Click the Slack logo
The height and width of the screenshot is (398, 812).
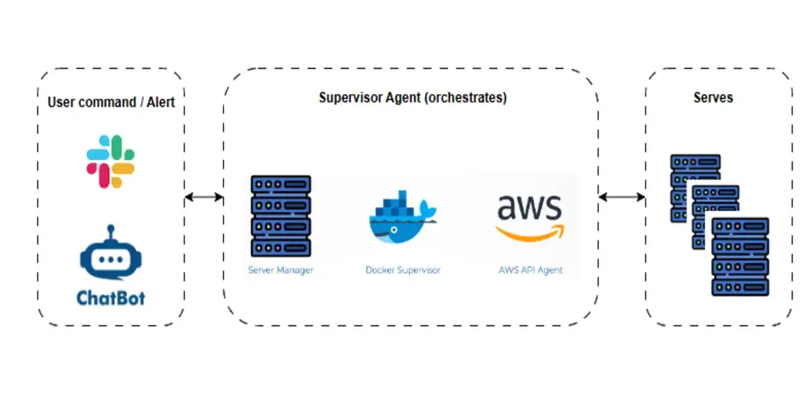pos(111,161)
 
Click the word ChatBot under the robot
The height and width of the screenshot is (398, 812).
pos(111,298)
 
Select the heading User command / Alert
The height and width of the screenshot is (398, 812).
pos(111,102)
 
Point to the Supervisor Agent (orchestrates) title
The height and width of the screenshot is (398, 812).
pos(413,98)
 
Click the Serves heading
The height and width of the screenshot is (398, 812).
pos(713,97)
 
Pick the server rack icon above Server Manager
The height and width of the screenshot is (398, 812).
pos(281,217)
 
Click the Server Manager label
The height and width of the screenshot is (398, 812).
pos(281,270)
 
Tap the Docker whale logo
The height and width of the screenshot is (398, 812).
pos(403,217)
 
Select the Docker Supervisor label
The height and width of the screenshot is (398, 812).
pos(403,270)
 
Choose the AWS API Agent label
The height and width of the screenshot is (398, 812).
pos(530,270)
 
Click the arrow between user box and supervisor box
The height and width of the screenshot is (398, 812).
pos(204,197)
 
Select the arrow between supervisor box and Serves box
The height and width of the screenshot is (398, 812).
pos(622,197)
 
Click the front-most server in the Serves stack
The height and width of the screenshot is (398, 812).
pos(740,257)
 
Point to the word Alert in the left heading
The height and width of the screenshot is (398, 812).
pos(161,102)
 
